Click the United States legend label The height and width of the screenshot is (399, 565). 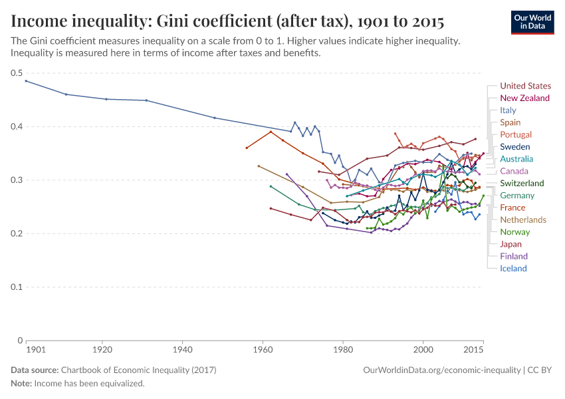click(525, 86)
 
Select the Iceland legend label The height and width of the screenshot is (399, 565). click(513, 269)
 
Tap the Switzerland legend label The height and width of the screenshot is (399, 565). click(522, 183)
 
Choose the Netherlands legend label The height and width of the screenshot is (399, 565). click(523, 219)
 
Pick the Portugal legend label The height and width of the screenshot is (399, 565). click(516, 134)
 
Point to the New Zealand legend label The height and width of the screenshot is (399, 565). click(524, 98)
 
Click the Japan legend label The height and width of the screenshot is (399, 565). click(510, 244)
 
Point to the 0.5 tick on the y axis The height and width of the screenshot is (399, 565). click(16, 73)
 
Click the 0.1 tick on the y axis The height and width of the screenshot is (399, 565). click(16, 287)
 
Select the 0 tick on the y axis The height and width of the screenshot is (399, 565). click(20, 340)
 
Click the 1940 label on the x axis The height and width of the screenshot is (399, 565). click(182, 350)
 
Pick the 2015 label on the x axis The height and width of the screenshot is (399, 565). click(474, 350)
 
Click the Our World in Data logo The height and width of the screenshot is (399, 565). click(532, 22)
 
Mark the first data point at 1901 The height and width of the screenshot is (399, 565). click(26, 81)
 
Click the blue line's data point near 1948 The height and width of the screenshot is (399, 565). click(214, 118)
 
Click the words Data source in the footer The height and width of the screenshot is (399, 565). click(35, 370)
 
